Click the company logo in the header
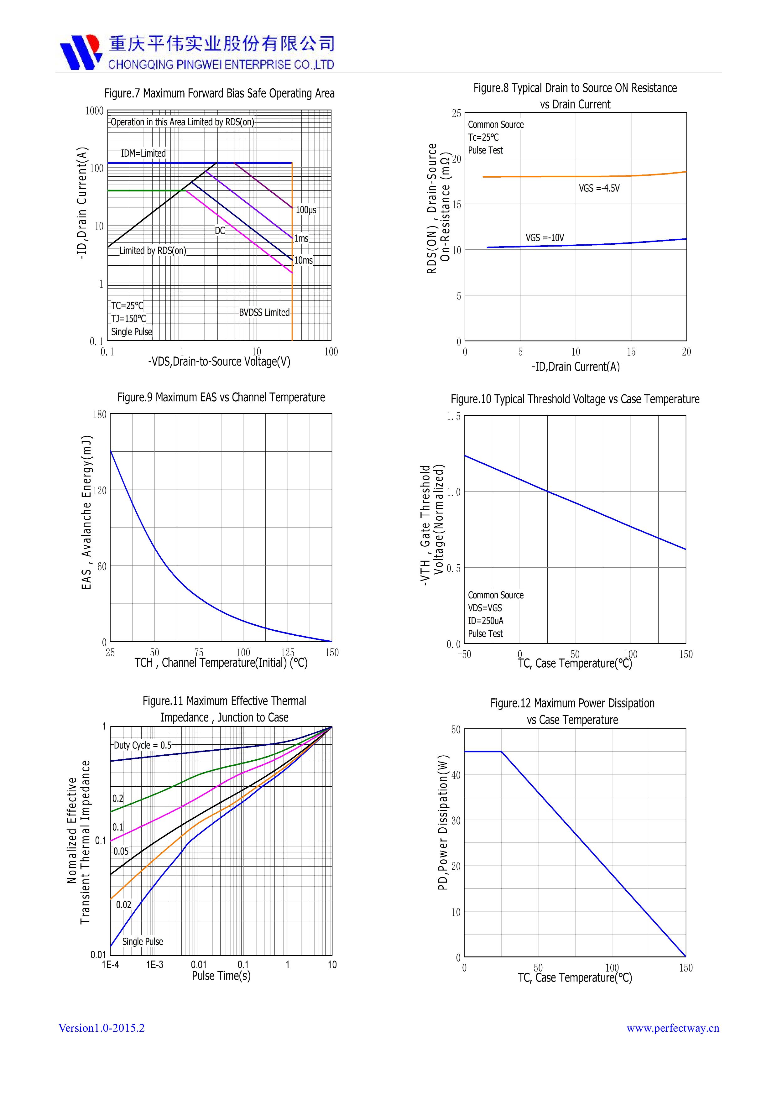(x=81, y=52)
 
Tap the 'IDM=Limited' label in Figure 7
(x=143, y=153)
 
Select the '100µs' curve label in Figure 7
(x=306, y=210)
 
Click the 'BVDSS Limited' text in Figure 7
(x=264, y=313)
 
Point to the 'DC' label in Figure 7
(x=220, y=231)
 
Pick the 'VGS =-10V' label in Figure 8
(x=545, y=238)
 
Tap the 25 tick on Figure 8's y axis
(x=456, y=113)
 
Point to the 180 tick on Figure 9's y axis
(x=100, y=414)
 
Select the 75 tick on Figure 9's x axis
(x=199, y=652)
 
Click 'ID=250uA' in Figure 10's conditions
(x=485, y=621)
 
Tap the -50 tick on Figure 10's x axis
(x=464, y=654)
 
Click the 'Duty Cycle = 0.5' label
(x=142, y=745)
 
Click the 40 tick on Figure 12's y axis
(x=456, y=775)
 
